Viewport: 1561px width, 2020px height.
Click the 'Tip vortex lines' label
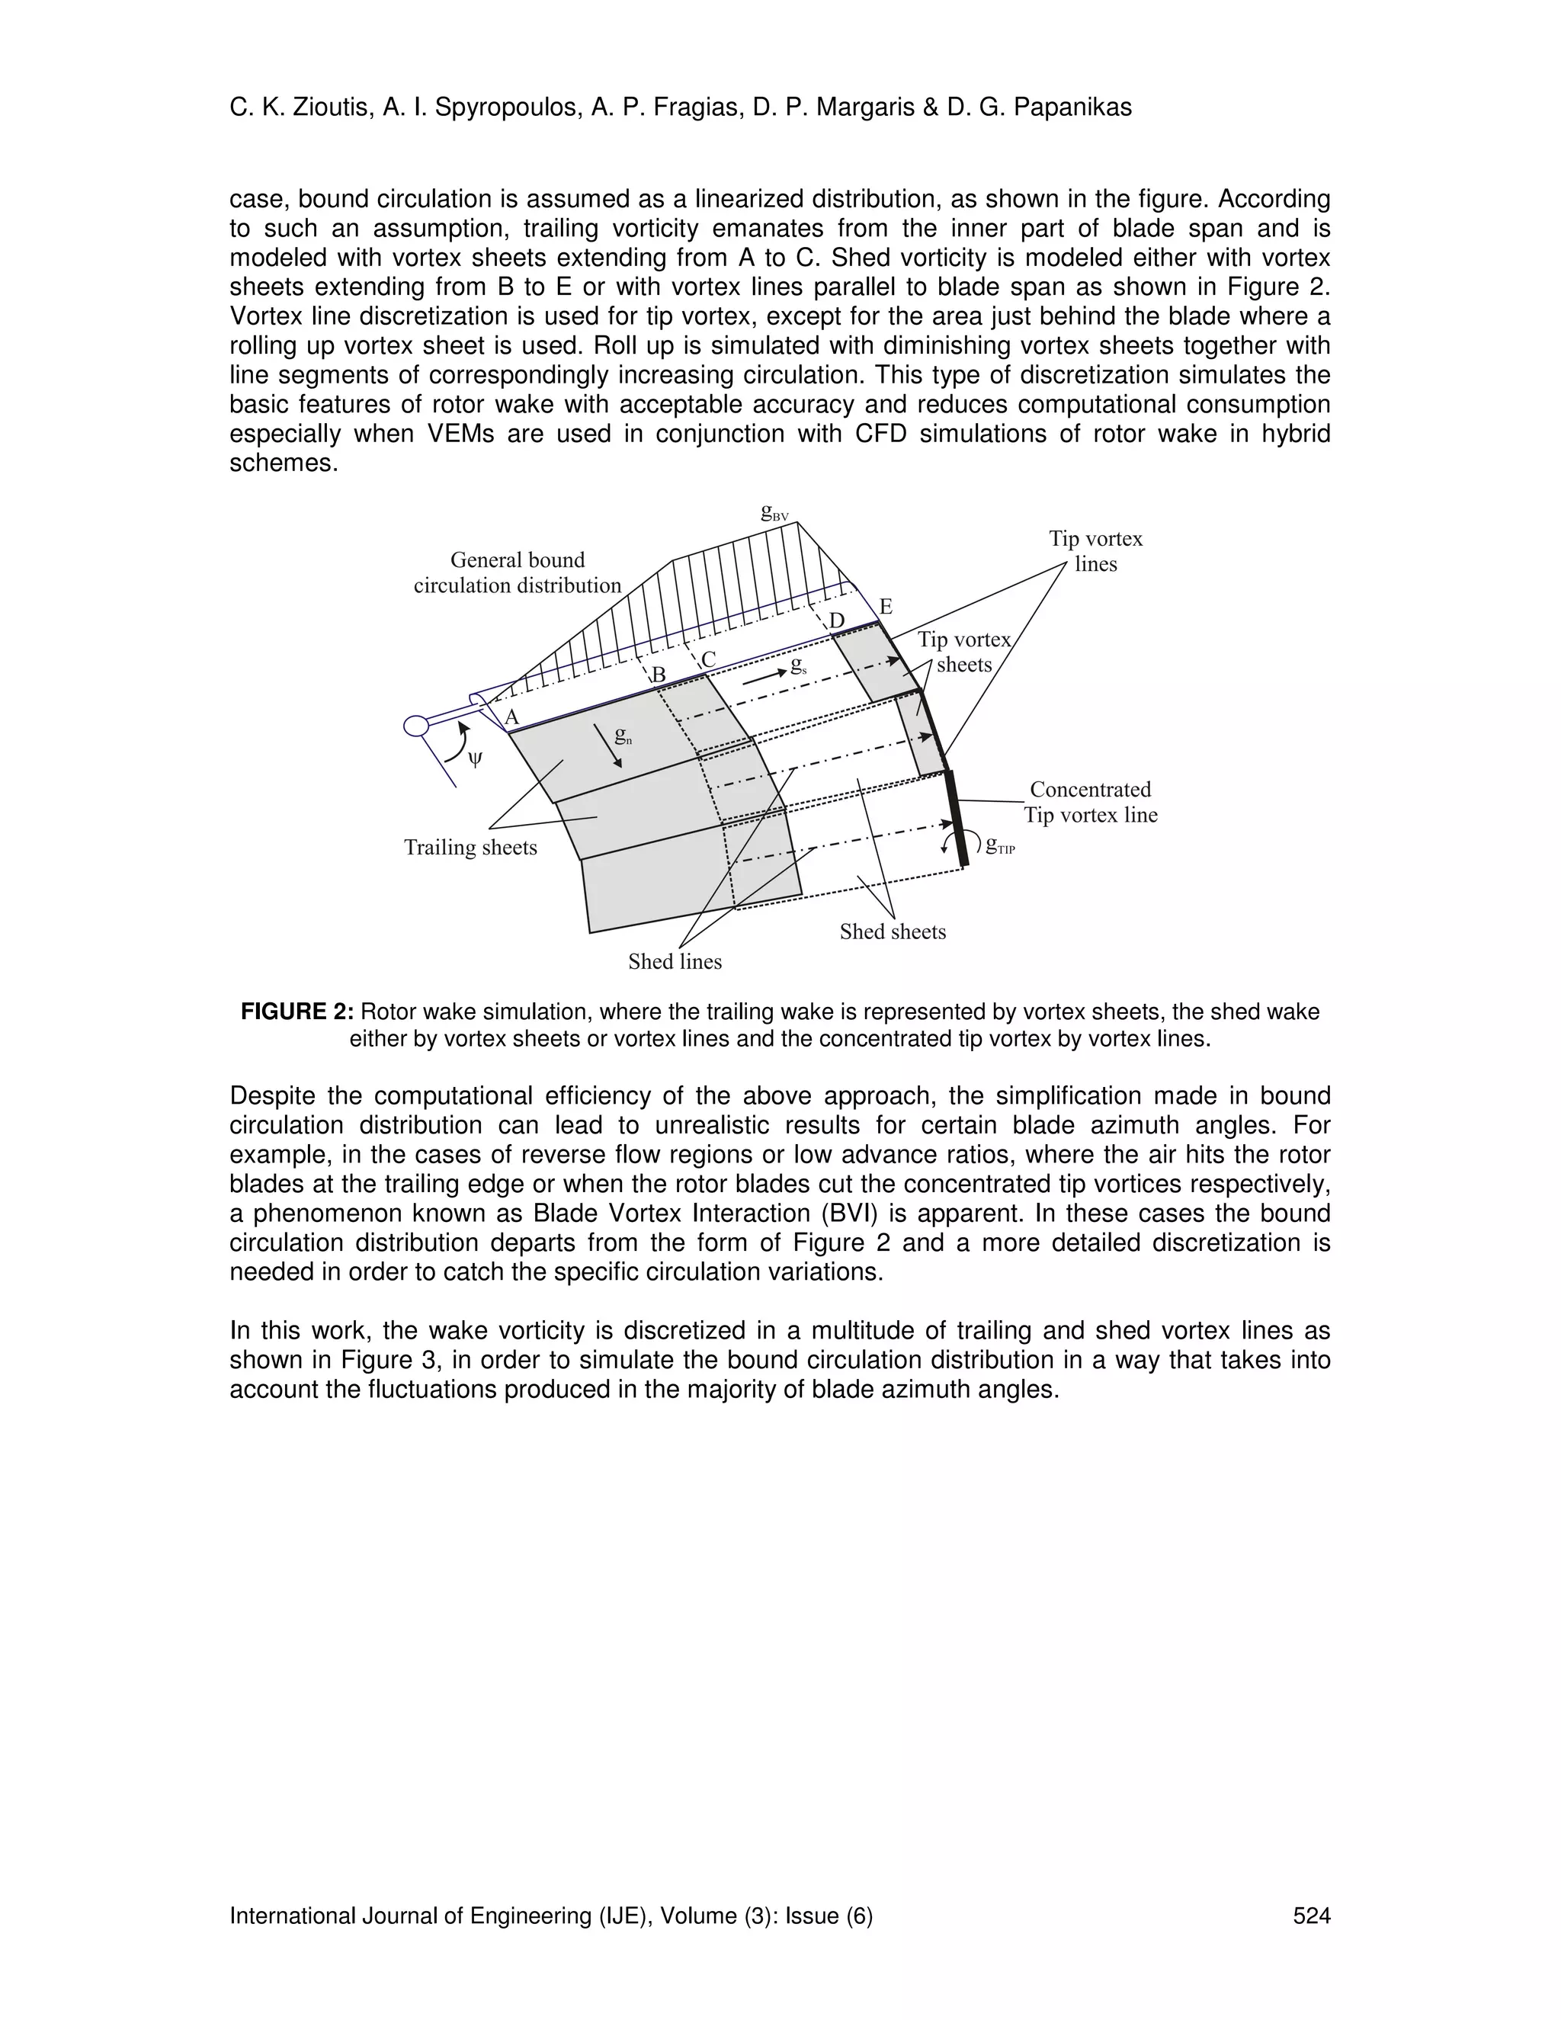[x=1095, y=551]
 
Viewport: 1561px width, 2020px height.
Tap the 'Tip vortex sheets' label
[x=963, y=652]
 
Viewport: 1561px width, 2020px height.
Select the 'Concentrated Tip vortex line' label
[x=1090, y=802]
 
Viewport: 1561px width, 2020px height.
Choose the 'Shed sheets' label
[x=893, y=931]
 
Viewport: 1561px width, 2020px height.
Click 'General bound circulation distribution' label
[x=517, y=572]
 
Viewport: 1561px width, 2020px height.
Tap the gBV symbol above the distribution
[x=774, y=512]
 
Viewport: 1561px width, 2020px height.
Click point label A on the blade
[x=511, y=717]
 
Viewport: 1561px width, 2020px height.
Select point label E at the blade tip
[x=885, y=607]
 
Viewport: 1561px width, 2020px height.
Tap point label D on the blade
[x=837, y=620]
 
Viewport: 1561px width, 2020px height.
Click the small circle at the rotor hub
[x=417, y=725]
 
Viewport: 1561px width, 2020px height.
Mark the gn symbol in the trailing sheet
[x=623, y=737]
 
